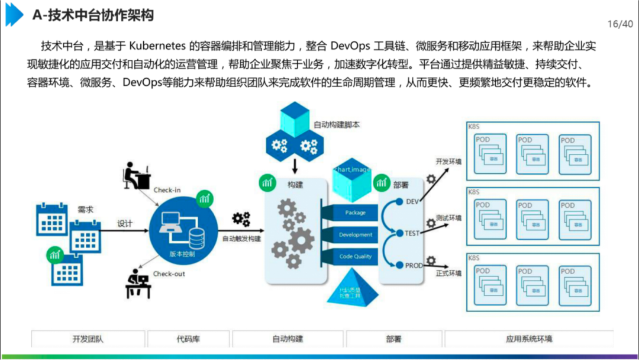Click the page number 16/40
point(620,24)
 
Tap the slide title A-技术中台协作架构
point(93,15)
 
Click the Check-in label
point(167,190)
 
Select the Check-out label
point(169,274)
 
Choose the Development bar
point(356,234)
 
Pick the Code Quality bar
point(355,256)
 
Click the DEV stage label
point(412,201)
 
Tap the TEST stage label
point(412,233)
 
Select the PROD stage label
point(414,266)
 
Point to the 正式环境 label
point(448,274)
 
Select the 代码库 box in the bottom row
point(188,339)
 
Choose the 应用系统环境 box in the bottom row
point(529,339)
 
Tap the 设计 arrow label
point(125,224)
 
